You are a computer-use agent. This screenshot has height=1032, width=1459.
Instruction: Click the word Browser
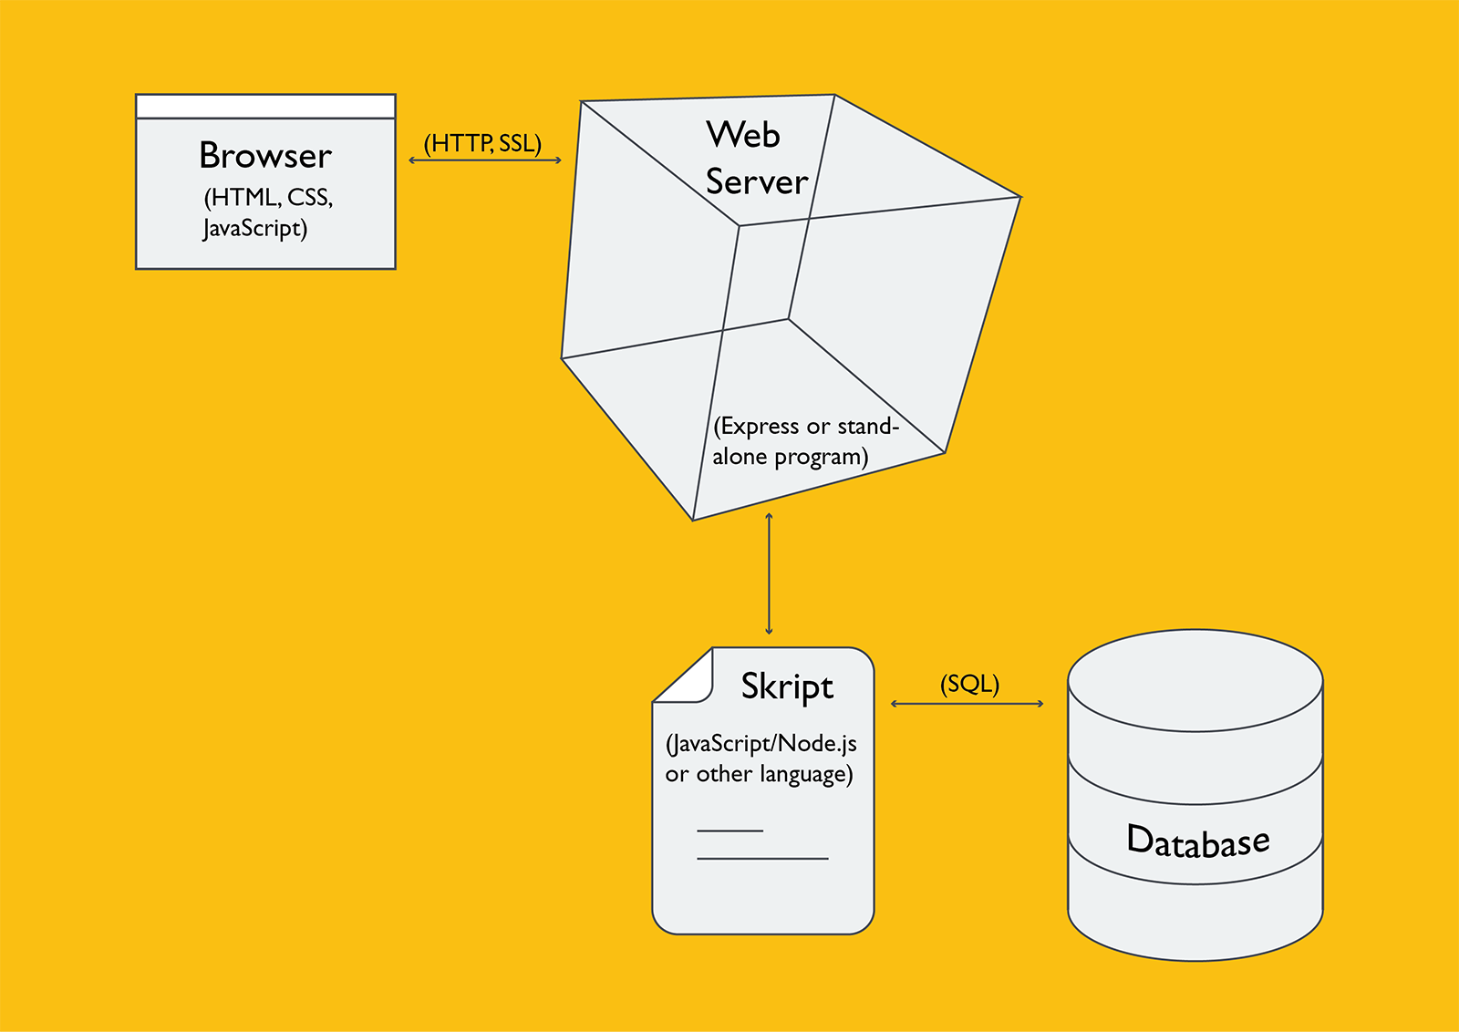click(x=265, y=156)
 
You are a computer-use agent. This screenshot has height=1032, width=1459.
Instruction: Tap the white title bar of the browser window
click(x=265, y=107)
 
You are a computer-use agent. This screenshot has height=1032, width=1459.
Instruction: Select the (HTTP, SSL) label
click(x=482, y=143)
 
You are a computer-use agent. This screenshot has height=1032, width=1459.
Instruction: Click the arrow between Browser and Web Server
click(x=485, y=160)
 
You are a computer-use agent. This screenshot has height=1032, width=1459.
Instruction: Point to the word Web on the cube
click(x=743, y=135)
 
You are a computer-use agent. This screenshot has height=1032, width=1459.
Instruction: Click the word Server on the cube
click(x=757, y=181)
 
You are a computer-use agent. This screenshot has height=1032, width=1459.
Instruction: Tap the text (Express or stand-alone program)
click(x=804, y=441)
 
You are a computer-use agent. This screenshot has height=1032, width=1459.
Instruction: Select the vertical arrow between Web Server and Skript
click(x=770, y=574)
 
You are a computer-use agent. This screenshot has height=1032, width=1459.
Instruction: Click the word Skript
click(x=787, y=686)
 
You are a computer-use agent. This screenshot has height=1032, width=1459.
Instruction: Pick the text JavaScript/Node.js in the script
click(x=761, y=744)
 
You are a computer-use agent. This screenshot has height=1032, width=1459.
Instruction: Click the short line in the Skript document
click(x=729, y=831)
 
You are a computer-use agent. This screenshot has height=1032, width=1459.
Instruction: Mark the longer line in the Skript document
click(x=762, y=859)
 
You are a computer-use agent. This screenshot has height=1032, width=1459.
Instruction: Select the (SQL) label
click(x=969, y=684)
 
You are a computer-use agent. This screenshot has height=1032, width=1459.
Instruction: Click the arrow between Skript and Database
click(x=967, y=704)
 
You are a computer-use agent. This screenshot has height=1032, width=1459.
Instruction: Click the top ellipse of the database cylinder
click(x=1195, y=679)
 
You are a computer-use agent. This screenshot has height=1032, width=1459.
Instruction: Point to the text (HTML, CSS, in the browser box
click(x=268, y=198)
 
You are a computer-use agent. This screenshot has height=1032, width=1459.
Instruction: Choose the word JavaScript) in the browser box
click(x=255, y=228)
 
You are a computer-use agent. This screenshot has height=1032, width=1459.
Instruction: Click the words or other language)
click(x=759, y=775)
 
